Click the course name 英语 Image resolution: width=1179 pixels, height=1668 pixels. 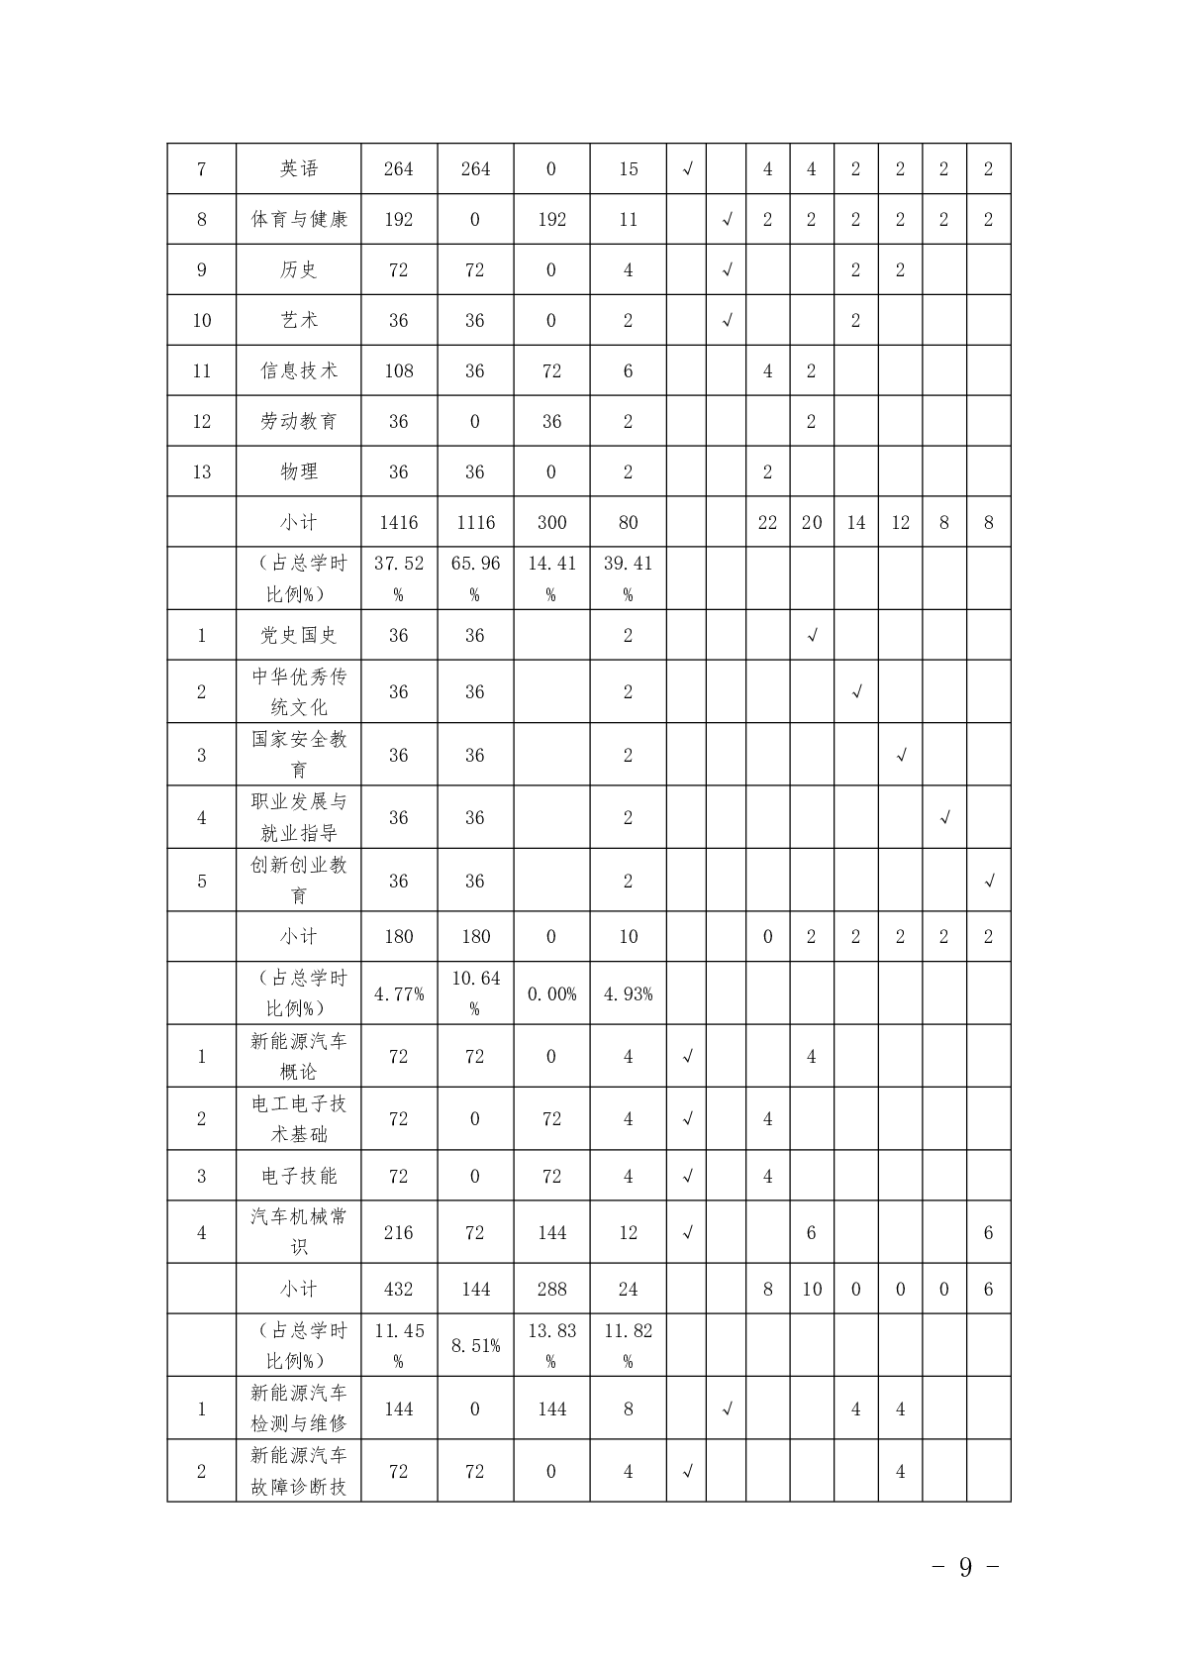coord(299,169)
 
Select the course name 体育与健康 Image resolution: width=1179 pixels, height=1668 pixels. coord(299,220)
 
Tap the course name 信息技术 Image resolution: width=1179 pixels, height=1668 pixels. coord(299,370)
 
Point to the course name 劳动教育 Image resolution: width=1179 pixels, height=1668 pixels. coord(299,421)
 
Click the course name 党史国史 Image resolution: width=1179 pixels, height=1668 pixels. coord(299,635)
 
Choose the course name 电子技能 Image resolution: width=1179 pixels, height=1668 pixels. coord(299,1176)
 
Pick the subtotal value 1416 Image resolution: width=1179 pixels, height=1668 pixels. coord(398,522)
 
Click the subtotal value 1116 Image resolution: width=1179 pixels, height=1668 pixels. coord(475,522)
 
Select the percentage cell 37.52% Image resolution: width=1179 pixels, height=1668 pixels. coord(398,577)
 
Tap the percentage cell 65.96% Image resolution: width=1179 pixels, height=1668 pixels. coord(475,577)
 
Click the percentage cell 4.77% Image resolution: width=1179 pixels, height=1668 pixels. coord(398,993)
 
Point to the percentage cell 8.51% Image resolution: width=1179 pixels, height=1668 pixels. coord(475,1345)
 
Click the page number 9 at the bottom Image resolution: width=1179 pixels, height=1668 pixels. coord(965,1566)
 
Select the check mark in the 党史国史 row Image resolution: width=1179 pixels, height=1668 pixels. coord(812,635)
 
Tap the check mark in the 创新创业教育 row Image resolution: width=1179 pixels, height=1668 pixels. coord(988,881)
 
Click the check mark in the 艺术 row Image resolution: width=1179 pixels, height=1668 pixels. coord(727,321)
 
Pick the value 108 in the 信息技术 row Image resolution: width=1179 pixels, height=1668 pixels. coord(398,370)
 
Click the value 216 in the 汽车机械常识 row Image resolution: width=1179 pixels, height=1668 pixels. coord(398,1232)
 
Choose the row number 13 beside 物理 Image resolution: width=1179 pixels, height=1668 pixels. coord(202,471)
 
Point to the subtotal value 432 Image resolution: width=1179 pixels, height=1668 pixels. coord(398,1289)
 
